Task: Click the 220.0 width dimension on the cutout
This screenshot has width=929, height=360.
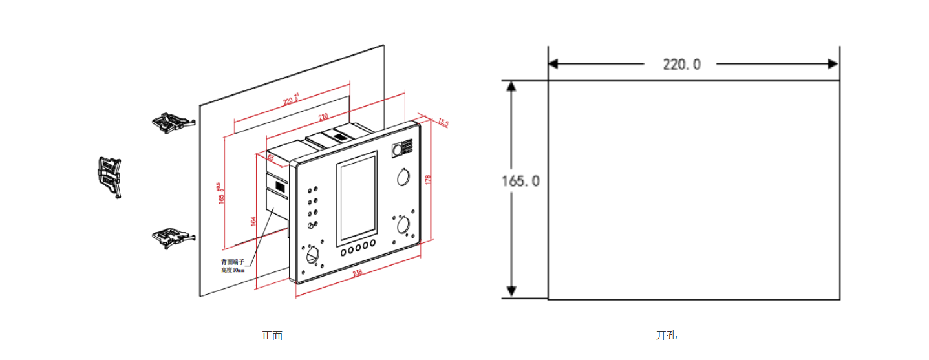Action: pos(681,64)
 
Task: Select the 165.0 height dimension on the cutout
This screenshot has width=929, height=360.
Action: pos(520,180)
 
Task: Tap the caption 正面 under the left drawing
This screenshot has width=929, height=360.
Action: pos(272,335)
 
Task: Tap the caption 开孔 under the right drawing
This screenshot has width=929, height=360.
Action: pos(666,335)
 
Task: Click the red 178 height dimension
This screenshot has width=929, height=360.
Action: pos(428,179)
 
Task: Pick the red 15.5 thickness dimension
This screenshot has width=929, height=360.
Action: pos(443,122)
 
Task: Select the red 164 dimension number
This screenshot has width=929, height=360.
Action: pos(253,222)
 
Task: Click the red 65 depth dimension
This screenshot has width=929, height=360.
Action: pos(270,157)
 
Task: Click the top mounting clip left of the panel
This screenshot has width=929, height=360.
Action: pos(173,122)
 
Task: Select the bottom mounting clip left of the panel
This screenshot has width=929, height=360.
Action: pos(173,237)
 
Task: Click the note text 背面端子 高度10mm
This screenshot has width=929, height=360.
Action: pos(233,266)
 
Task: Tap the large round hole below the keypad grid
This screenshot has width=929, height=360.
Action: pos(401,177)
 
